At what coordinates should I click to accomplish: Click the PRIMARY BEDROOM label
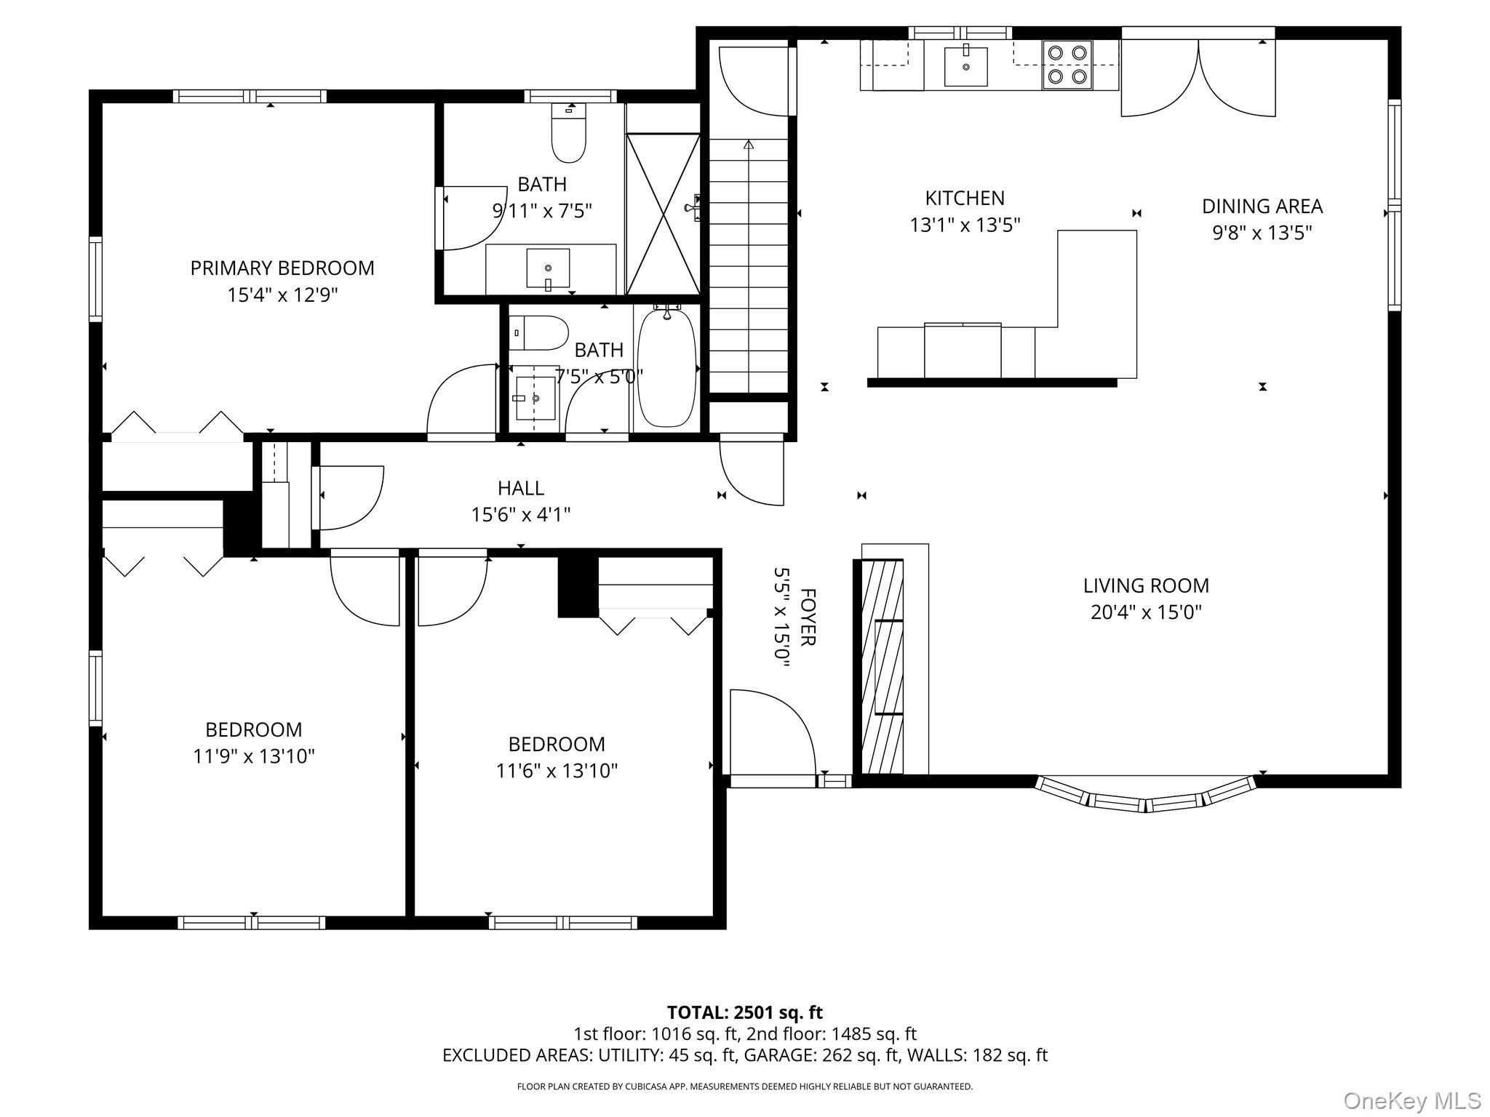(282, 268)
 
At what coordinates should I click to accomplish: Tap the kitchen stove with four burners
(1067, 65)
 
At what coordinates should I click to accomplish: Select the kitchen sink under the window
(965, 66)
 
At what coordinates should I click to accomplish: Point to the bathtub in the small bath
(666, 368)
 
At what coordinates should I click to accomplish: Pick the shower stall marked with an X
(663, 214)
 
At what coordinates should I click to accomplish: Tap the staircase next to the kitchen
(749, 265)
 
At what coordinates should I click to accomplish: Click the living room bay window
(1146, 794)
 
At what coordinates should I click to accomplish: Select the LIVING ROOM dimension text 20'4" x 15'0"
(1146, 612)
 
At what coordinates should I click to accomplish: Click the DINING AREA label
(1262, 207)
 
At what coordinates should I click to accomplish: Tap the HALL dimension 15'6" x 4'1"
(521, 515)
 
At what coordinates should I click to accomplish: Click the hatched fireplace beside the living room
(883, 666)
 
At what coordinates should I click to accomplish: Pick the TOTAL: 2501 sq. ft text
(745, 1012)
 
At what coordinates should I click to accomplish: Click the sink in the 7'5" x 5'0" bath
(535, 399)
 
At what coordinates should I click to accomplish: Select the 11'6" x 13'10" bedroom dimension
(557, 771)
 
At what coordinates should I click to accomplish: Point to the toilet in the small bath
(538, 334)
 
